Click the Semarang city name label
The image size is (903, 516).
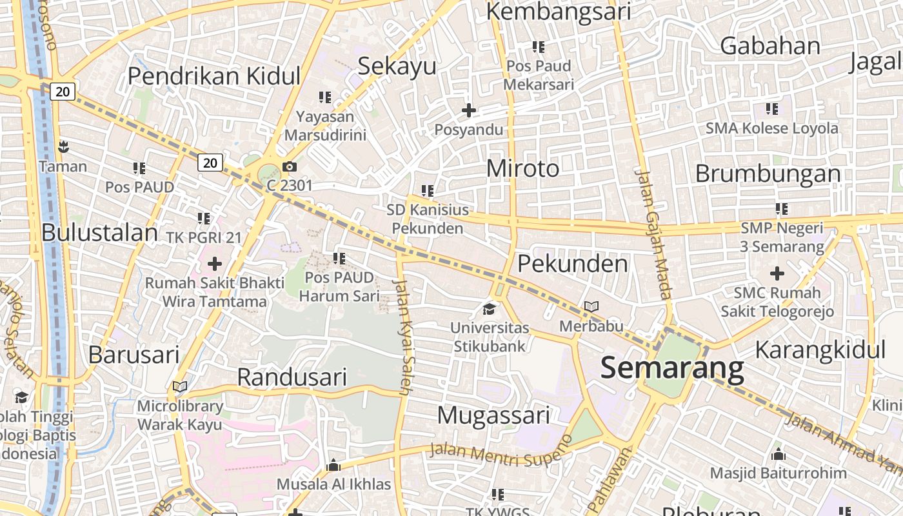coord(672,368)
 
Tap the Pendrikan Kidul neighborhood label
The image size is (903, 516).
coord(214,75)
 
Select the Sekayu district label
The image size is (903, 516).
coord(397,66)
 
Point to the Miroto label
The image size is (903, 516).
coord(522,168)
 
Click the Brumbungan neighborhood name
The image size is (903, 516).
coord(768,174)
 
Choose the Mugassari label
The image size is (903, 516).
coord(493,415)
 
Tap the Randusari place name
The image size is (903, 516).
coord(292,377)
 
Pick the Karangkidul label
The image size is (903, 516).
coord(820,350)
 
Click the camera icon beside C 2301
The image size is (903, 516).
coord(290,167)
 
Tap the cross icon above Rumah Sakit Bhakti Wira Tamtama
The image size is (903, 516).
coord(215,264)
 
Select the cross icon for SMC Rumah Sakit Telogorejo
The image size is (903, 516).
coord(777,273)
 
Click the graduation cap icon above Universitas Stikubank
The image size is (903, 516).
coord(490,309)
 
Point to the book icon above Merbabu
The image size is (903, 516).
coord(591,307)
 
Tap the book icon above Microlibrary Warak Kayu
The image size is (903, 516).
coord(180,387)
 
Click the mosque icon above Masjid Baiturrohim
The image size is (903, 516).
coord(778,454)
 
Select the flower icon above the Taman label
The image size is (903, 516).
coord(63,147)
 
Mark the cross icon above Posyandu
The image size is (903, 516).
coord(469,111)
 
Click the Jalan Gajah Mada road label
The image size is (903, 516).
coord(654,233)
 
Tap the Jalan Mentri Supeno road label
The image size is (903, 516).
coord(501,452)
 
